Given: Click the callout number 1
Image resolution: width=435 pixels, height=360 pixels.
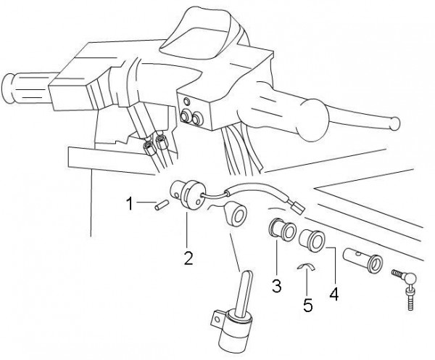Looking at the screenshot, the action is (130, 203).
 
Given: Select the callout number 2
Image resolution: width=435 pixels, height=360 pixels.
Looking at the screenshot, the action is (188, 258).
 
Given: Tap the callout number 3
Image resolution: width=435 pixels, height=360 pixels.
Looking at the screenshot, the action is (276, 285).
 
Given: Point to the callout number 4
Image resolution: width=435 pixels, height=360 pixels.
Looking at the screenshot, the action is (334, 294).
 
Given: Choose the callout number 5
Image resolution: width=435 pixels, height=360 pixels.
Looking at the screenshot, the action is (307, 305).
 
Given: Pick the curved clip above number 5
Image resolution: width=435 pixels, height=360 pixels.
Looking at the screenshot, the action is (306, 266).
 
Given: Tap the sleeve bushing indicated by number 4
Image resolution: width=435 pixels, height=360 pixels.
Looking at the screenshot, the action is (312, 240).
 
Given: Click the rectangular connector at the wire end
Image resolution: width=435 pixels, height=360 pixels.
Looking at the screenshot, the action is (297, 207).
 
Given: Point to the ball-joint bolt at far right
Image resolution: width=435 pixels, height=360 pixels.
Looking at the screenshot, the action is (405, 288).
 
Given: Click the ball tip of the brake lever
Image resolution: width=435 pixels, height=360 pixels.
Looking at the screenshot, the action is (394, 124).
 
